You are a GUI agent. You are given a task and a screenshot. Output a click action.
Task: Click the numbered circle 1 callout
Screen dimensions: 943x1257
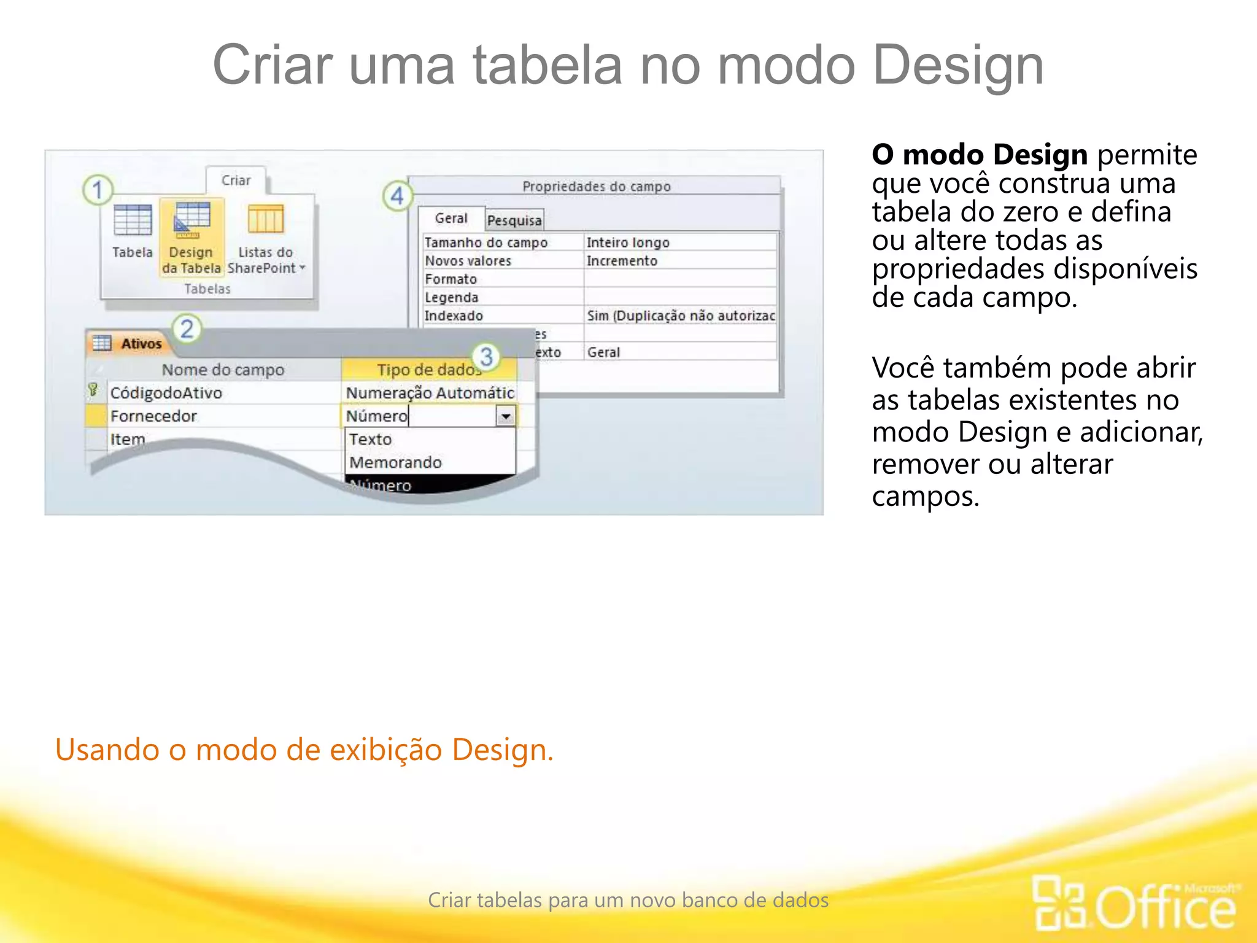[x=98, y=190]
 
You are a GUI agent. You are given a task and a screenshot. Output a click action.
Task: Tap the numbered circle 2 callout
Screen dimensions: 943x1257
[x=187, y=329]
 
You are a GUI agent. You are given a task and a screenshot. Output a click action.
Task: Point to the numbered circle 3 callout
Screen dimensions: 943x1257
[x=486, y=357]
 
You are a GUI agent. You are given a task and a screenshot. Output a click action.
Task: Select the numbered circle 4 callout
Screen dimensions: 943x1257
[x=397, y=196]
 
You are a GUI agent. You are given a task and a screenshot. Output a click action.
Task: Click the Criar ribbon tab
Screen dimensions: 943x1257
[x=236, y=180]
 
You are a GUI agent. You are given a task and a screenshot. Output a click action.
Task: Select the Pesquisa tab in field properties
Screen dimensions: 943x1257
[x=514, y=220]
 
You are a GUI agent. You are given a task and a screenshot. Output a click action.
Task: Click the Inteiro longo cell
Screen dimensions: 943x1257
[x=628, y=243]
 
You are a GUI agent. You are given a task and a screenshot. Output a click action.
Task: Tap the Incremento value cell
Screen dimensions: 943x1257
[x=622, y=261]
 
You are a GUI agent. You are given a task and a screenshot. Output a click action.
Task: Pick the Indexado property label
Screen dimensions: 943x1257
[x=454, y=316]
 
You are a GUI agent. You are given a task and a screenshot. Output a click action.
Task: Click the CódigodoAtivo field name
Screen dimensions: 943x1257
[x=166, y=393]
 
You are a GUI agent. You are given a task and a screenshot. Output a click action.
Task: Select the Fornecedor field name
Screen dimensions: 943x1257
[x=153, y=416]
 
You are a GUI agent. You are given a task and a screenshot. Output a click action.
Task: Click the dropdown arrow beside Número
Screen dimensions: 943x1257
[x=506, y=417]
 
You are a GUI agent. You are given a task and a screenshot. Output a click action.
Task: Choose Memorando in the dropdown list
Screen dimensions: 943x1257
[x=396, y=462]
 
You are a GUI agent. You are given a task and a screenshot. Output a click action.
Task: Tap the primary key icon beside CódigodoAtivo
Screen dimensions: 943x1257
[x=93, y=390]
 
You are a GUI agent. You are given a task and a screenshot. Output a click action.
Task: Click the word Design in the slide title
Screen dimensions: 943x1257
[x=958, y=65]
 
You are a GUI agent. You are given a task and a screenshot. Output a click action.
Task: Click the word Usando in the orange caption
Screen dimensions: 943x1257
[x=107, y=750]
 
